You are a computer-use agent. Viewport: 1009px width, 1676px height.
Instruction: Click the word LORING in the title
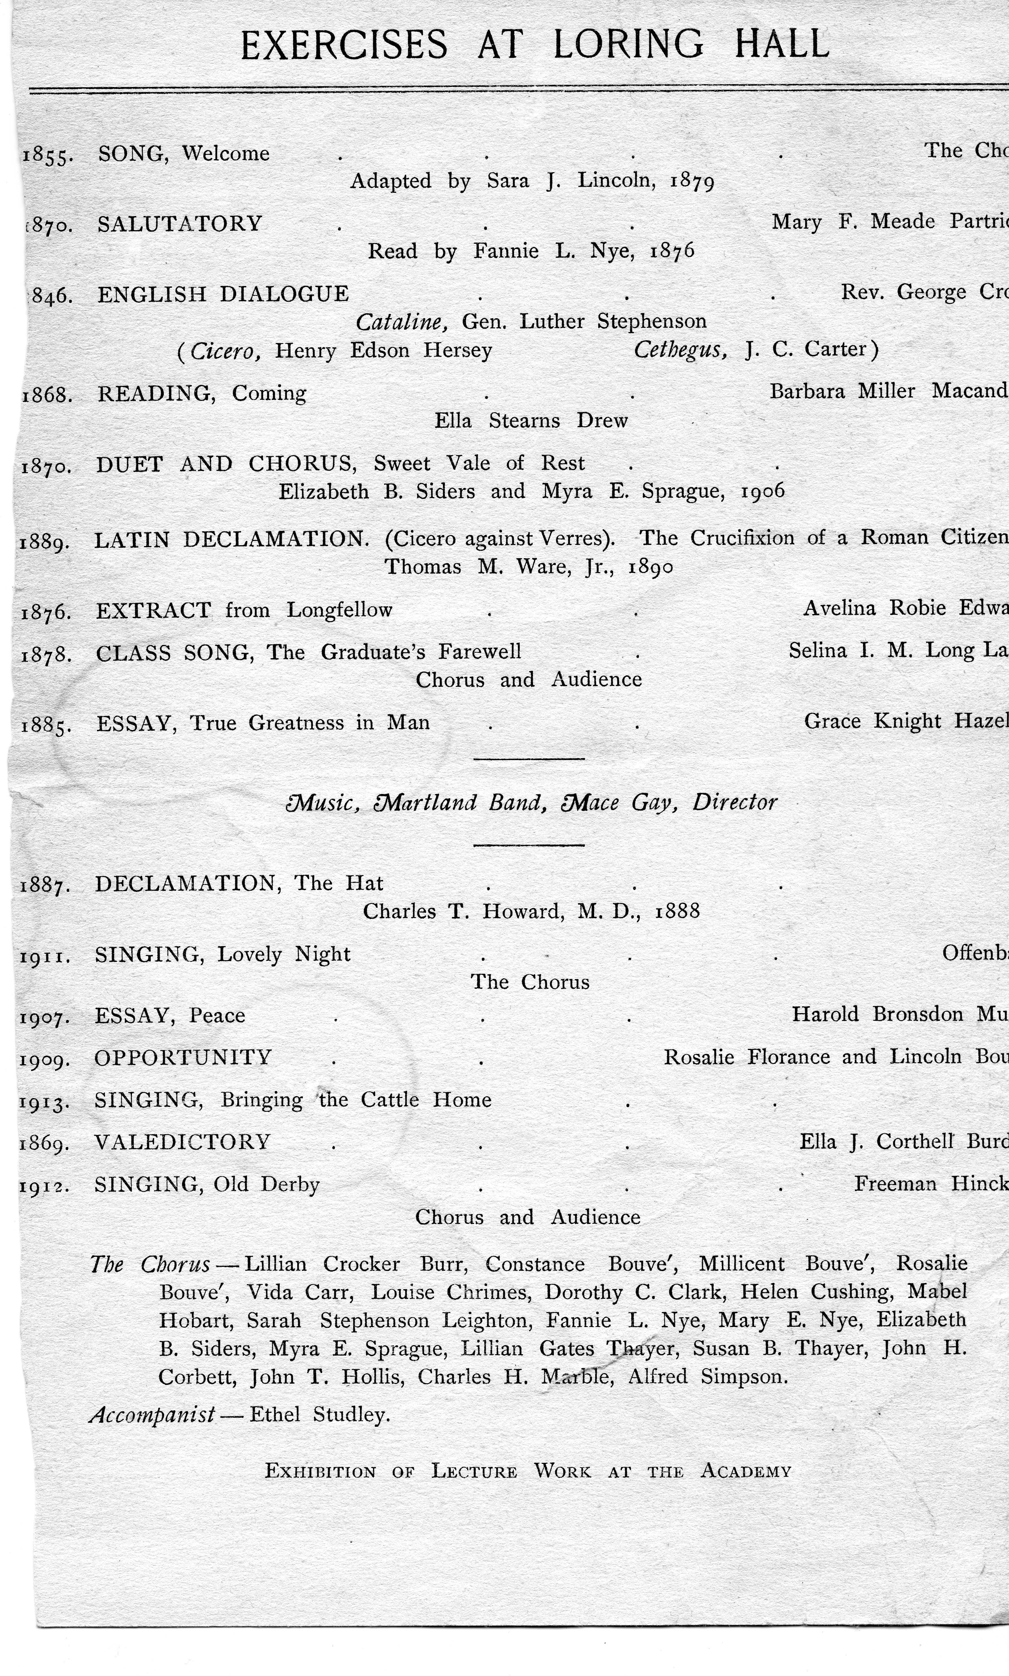[x=628, y=45]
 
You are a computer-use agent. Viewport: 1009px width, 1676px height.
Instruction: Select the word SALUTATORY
[x=180, y=224]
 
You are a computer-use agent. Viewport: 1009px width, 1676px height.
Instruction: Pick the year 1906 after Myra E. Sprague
[x=762, y=491]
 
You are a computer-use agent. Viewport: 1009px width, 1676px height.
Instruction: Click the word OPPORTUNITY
[x=183, y=1057]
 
